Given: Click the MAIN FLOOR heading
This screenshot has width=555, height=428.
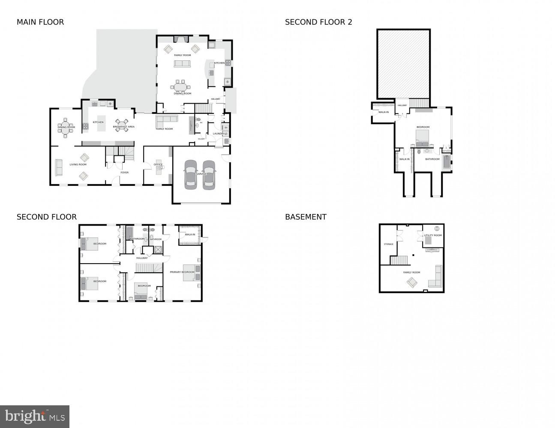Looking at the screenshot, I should click(40, 22).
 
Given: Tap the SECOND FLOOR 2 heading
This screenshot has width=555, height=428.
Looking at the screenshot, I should click(318, 22).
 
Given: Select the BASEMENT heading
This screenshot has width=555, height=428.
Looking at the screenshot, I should click(306, 217).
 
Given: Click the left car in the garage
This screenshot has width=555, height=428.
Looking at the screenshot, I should click(191, 175).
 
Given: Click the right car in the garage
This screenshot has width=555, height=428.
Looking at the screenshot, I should click(209, 175).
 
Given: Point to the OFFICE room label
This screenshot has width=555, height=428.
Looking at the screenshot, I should click(158, 164).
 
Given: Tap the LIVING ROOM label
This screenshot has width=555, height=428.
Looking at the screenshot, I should click(78, 164).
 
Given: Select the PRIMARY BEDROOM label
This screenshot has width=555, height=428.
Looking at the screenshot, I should click(182, 272).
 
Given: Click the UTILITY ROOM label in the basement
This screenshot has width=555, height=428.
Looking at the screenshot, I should click(432, 235).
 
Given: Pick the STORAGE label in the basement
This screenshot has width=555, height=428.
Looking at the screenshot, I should click(388, 244).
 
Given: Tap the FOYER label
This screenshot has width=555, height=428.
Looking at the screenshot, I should click(124, 172).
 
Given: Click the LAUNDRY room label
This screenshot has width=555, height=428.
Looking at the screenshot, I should click(219, 134).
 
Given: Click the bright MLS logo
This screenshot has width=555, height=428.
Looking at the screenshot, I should click(35, 416).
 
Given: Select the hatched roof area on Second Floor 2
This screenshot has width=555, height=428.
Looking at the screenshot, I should click(403, 64).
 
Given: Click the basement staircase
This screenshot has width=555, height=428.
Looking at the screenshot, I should click(398, 260).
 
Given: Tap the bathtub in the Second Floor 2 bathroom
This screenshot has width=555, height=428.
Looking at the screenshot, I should click(447, 162).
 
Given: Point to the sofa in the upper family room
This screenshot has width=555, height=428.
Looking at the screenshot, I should click(182, 64).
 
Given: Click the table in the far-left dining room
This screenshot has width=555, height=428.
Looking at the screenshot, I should click(65, 128).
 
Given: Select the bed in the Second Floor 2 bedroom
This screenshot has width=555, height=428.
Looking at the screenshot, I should click(423, 138).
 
